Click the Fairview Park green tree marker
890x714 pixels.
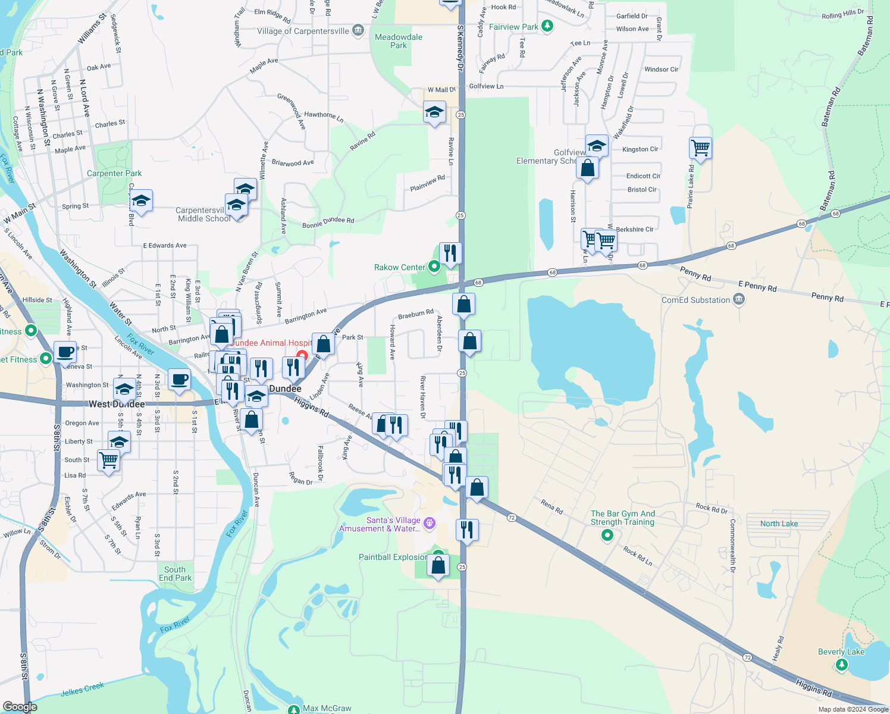547,26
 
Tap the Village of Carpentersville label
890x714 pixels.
303,31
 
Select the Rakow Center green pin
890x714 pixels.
434,267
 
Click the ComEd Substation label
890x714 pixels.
695,300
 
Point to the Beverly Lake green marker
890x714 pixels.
841,664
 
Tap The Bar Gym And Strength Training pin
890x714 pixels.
607,535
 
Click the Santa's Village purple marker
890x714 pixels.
430,524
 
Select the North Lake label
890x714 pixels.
779,524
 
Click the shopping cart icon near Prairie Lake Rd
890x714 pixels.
701,148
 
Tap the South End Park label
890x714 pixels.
175,574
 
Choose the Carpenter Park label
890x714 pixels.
114,173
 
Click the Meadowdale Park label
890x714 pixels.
399,41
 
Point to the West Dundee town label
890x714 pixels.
117,404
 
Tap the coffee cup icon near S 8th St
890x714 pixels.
65,352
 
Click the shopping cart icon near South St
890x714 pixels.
108,460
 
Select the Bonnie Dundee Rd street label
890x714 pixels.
328,223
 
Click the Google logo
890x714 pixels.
20,707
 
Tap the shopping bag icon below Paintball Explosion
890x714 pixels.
438,566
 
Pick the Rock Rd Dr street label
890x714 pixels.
712,509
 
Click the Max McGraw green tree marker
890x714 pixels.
294,709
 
